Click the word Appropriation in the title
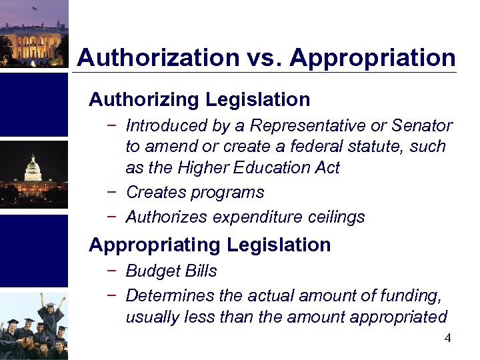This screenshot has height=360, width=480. pos(373,57)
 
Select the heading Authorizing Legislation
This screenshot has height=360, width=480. pos(199,100)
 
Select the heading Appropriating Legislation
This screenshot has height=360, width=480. pos(209,245)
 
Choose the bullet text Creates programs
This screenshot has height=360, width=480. pos(195,193)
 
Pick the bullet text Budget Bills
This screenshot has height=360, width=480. pos(171,271)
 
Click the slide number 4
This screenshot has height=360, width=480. pos(447,339)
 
